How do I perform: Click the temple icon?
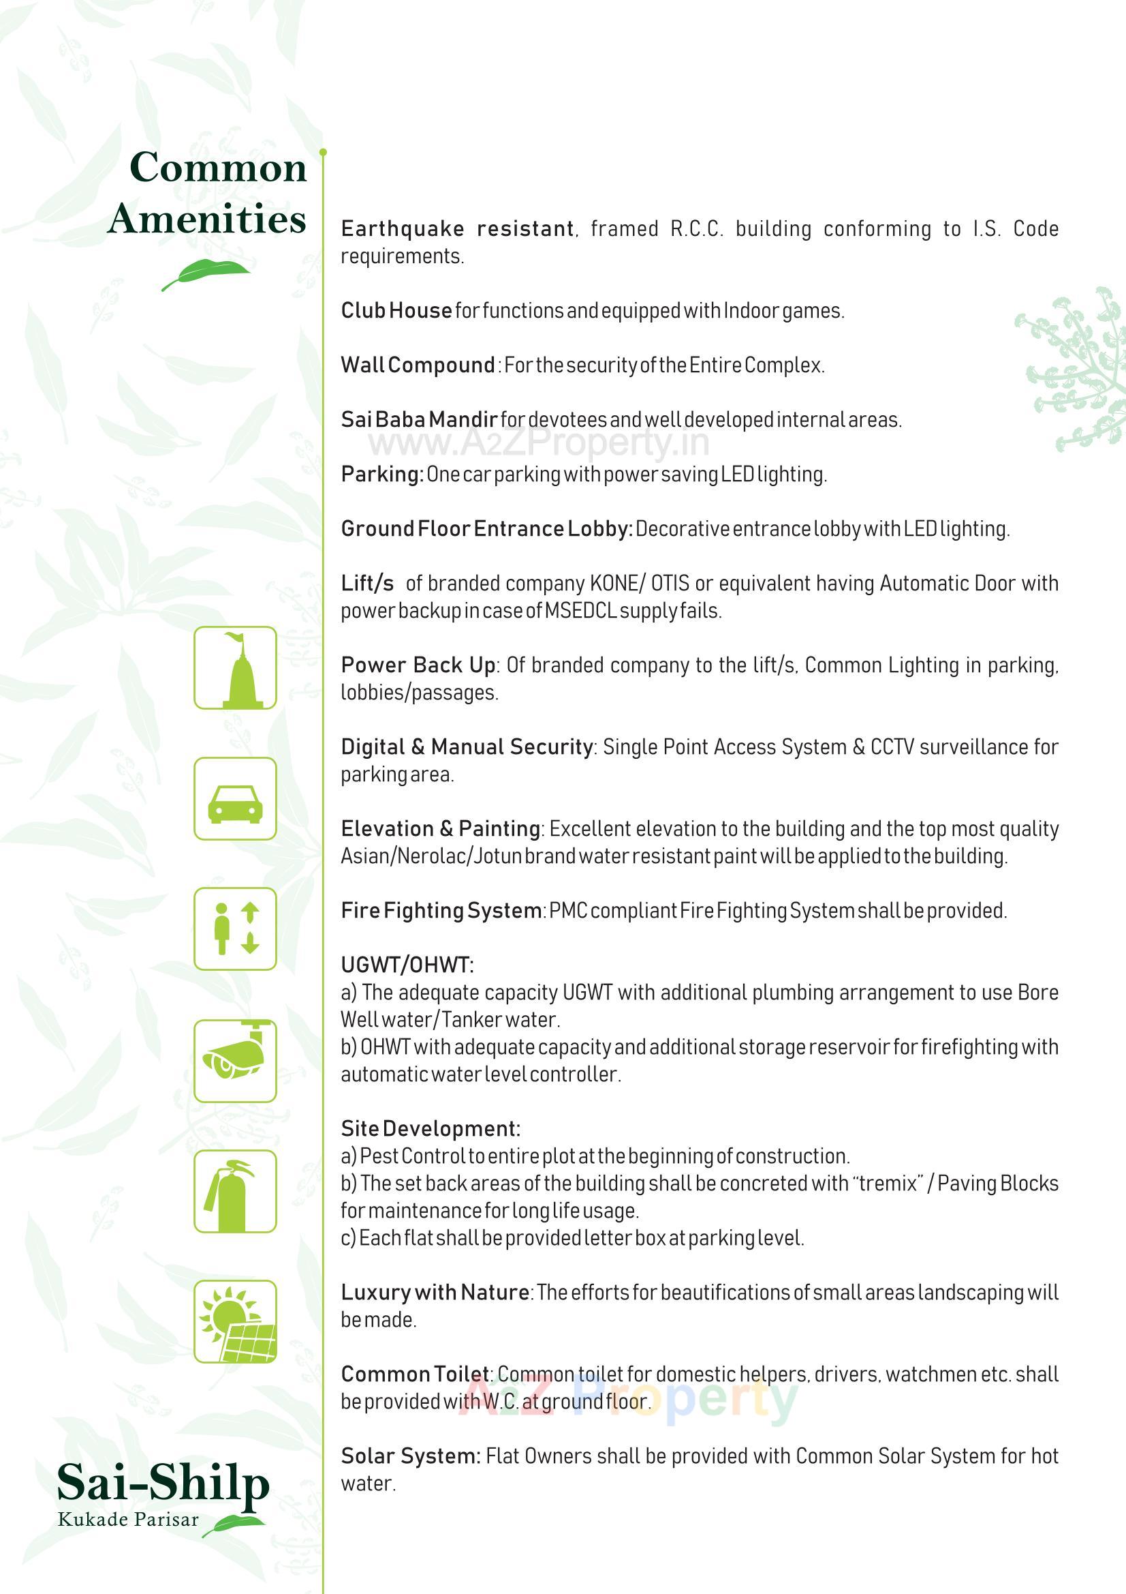235,668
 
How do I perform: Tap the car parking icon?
235,799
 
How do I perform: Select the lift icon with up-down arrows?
235,929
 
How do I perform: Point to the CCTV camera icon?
235,1061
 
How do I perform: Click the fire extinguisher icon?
235,1191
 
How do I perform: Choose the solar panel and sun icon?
235,1322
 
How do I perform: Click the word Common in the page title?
218,168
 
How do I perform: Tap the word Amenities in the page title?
207,219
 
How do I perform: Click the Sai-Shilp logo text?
163,1484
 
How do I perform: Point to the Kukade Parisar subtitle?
128,1520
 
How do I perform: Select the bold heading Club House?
396,310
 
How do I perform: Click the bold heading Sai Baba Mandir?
419,419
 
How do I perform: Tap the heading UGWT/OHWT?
407,965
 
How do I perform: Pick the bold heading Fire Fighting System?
441,910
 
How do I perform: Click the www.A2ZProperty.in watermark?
539,442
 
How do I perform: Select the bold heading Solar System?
410,1456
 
